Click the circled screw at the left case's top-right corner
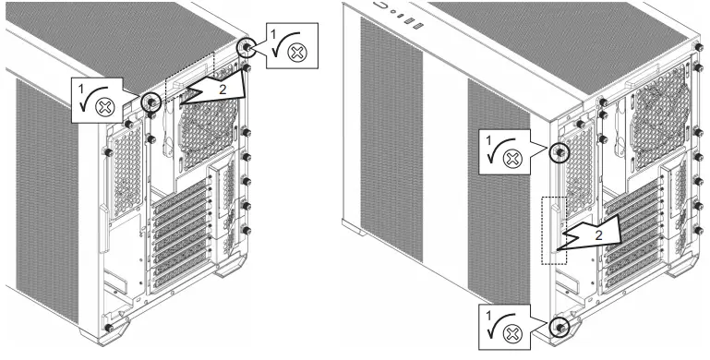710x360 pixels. (247, 47)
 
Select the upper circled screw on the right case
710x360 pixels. (559, 152)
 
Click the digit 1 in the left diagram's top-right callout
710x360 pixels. (271, 31)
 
